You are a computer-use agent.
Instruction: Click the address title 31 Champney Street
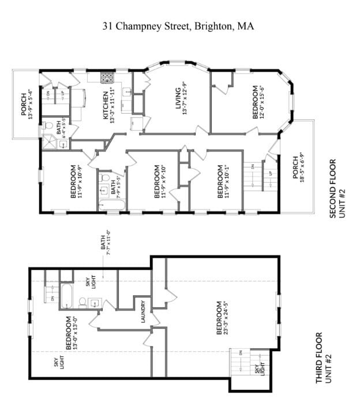(x=178, y=26)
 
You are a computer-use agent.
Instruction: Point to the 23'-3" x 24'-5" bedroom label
(x=223, y=319)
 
